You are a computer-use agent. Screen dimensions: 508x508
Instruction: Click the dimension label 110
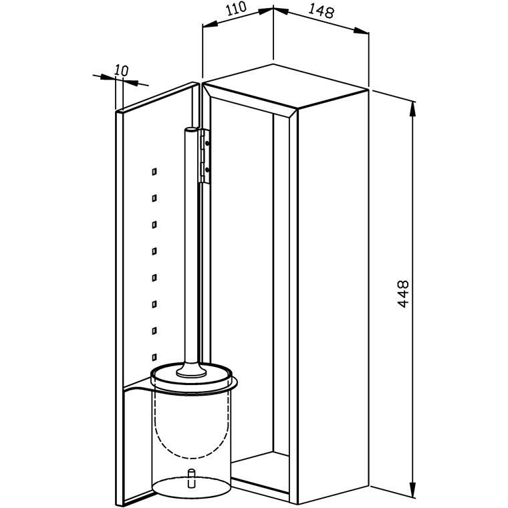click(x=236, y=9)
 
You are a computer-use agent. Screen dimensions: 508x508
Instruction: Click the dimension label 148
click(x=320, y=11)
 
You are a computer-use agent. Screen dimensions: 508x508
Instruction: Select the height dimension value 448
click(x=403, y=294)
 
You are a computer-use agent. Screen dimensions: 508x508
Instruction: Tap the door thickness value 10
click(x=122, y=70)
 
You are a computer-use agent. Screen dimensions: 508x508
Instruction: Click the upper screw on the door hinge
click(x=207, y=142)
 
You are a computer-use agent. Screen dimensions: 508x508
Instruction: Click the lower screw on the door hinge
click(x=207, y=169)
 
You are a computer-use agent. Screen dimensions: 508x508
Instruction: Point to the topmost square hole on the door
click(x=154, y=172)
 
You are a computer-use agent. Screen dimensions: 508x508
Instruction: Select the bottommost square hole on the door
click(x=154, y=357)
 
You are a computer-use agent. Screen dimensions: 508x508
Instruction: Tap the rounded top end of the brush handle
click(x=190, y=130)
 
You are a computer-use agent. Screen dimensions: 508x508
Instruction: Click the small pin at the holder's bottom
click(x=191, y=477)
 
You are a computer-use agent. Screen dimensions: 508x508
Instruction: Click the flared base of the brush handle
click(x=191, y=370)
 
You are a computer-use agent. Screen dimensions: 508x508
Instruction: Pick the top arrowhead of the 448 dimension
click(x=412, y=109)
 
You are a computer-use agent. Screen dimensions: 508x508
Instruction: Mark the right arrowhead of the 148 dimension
click(x=360, y=31)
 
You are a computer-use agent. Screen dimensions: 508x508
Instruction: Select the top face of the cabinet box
click(x=286, y=85)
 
